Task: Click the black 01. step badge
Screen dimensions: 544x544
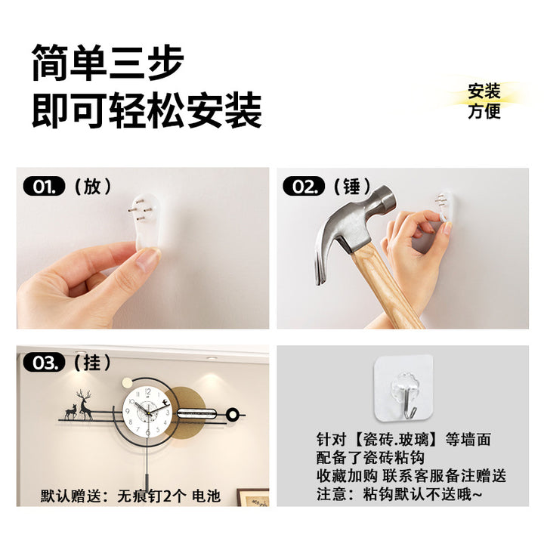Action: [44, 187]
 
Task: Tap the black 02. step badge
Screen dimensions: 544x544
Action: [304, 187]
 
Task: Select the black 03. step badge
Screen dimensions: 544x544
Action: [44, 363]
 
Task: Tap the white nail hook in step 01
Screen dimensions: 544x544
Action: [147, 221]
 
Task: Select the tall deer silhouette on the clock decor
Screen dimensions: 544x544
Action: [84, 404]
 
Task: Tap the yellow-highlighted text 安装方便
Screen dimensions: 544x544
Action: [484, 101]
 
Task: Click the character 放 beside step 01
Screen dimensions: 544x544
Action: [92, 187]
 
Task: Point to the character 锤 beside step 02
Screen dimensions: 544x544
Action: [352, 187]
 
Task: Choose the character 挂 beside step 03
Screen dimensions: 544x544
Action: [92, 363]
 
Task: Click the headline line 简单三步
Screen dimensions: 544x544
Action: [108, 63]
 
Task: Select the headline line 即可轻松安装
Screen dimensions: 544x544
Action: [147, 110]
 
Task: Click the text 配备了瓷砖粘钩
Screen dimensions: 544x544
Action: [370, 458]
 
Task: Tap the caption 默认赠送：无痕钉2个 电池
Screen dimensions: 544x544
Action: [131, 496]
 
